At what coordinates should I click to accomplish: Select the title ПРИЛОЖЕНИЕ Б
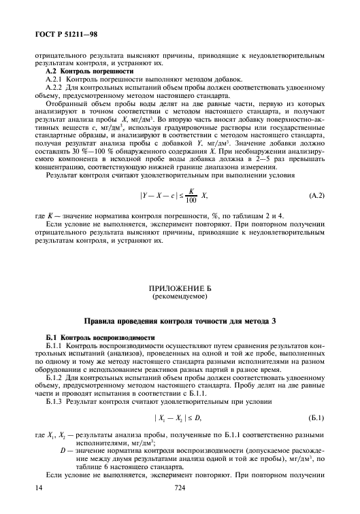(180, 288)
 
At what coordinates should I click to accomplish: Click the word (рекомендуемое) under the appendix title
(180, 297)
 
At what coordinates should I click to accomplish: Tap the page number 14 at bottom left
(39, 487)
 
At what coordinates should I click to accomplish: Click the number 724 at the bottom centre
(180, 487)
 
